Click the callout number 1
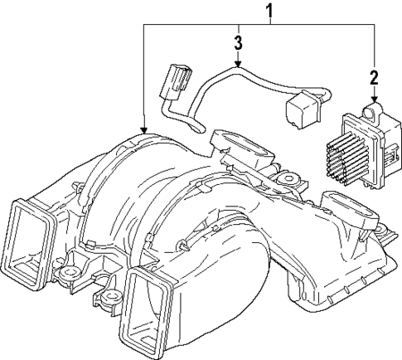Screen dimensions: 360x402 (x=268, y=12)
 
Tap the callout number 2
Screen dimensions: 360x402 (x=374, y=80)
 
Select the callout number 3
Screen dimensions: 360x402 (x=237, y=42)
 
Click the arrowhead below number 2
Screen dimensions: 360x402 (x=374, y=100)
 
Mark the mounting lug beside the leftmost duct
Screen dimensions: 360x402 (x=65, y=272)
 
